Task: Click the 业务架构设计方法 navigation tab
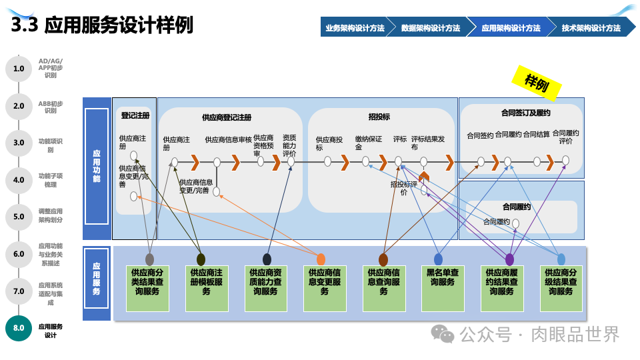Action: click(x=355, y=28)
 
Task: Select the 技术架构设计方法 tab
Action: click(x=591, y=28)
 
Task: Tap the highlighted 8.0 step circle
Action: click(x=19, y=328)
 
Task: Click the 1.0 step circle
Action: click(x=19, y=69)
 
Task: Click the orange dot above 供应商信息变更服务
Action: click(x=321, y=259)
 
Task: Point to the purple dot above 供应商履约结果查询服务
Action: click(x=510, y=259)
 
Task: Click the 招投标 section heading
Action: click(x=379, y=116)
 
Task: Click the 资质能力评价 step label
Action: click(x=289, y=144)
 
